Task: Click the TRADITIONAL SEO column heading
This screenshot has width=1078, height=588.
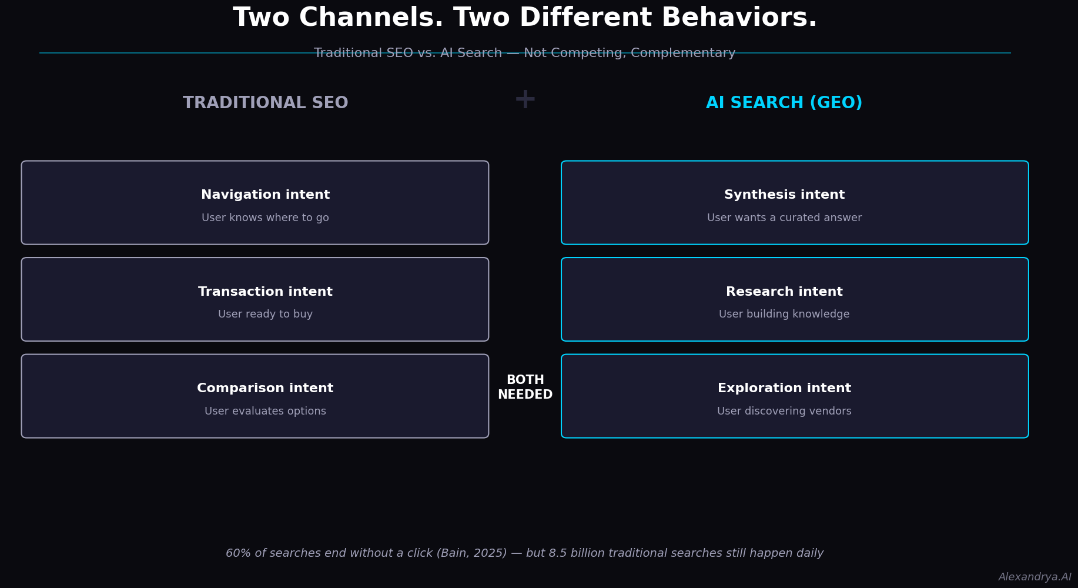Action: pos(266,103)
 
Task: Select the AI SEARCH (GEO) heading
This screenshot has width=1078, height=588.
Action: pos(784,103)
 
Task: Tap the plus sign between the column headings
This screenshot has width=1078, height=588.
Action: pos(525,99)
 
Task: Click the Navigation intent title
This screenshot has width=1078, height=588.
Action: pos(266,195)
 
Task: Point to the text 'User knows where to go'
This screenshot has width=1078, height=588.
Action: pos(266,218)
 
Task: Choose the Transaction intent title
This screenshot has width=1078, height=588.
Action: pos(266,292)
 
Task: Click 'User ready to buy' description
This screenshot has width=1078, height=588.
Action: pos(266,315)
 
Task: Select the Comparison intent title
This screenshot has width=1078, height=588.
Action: pos(266,388)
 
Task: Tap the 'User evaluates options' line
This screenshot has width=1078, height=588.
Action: pos(266,412)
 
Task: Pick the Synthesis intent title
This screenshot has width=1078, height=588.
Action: pos(785,195)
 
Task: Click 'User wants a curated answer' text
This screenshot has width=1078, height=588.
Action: pos(785,218)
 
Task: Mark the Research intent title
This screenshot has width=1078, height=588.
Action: pos(785,292)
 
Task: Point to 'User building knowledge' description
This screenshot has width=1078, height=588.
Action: pos(785,315)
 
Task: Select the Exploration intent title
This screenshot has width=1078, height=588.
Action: pos(785,388)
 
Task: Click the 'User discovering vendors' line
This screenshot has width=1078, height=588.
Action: pos(785,412)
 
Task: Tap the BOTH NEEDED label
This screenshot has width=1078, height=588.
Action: pos(525,387)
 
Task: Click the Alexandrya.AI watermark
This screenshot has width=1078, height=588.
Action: pos(1035,577)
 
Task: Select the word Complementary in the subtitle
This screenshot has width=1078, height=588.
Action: pos(683,54)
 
